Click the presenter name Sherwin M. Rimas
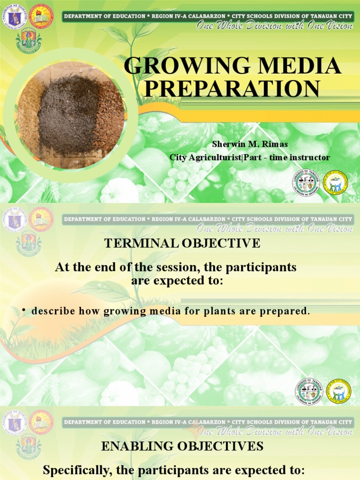[250, 144]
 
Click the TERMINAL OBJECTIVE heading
[182, 243]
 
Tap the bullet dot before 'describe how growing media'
[23, 311]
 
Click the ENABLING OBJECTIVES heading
[182, 446]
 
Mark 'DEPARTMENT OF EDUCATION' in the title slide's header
[105, 16]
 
